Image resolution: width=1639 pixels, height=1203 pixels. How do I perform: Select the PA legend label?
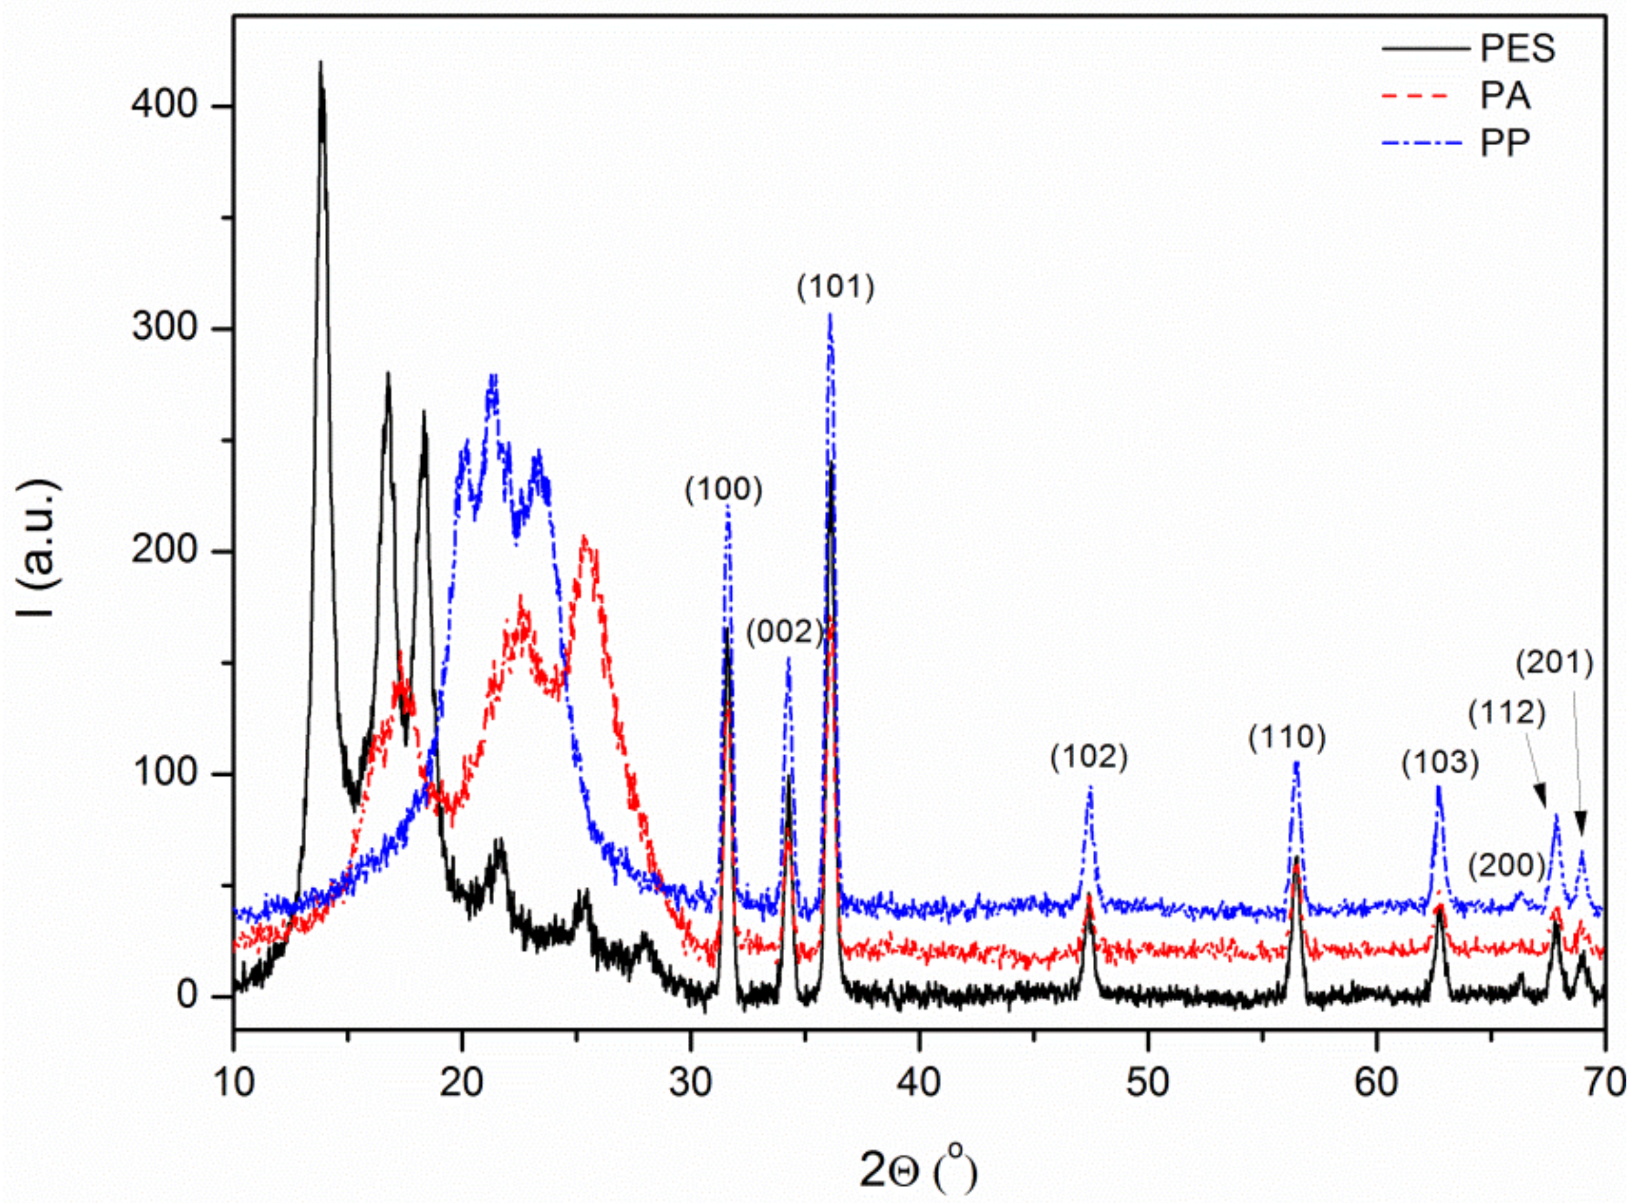coord(1504,96)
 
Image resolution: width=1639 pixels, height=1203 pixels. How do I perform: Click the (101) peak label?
coord(835,287)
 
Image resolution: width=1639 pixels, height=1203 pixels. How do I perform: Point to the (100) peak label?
coord(723,490)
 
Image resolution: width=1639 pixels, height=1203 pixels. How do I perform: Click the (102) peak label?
coord(1088,757)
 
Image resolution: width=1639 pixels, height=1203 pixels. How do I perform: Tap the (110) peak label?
coord(1287,738)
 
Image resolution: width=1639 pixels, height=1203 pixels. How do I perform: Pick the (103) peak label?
coord(1440,763)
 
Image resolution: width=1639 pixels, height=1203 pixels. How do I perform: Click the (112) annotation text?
coord(1507,712)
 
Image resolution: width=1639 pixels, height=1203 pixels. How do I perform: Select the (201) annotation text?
coord(1555,663)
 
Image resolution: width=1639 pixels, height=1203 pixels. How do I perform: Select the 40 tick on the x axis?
coord(919,1083)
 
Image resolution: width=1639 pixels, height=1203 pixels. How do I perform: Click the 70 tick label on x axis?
coord(1605,1083)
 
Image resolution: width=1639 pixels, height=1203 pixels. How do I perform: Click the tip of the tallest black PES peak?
coord(320,63)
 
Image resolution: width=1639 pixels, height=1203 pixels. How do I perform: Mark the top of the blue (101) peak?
coord(830,315)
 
